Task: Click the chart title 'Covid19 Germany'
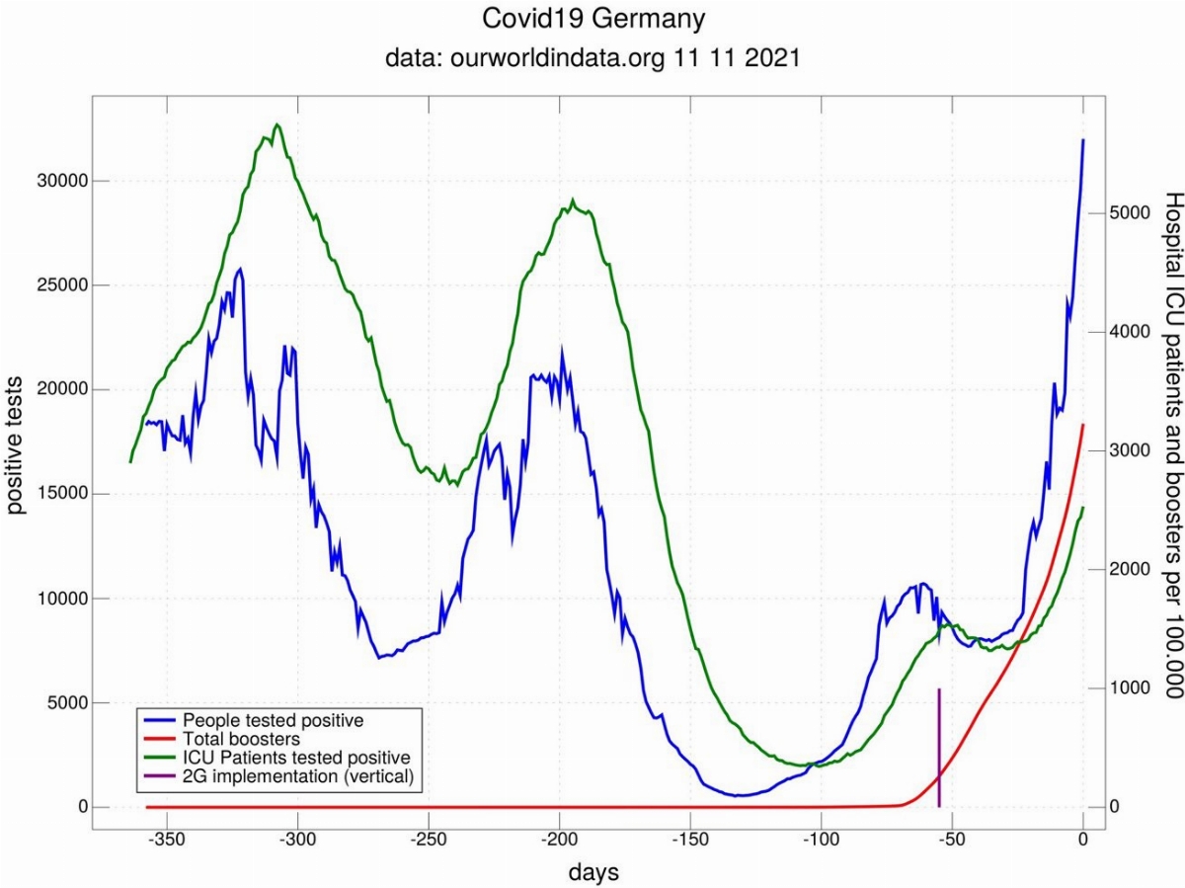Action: point(592,19)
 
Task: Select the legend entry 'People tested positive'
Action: point(273,720)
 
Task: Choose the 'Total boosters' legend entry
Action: point(241,739)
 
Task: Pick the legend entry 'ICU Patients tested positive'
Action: point(296,758)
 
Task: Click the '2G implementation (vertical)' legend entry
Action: point(297,776)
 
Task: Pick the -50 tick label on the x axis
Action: point(952,841)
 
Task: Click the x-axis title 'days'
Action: point(593,871)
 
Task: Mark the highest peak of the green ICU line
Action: point(277,124)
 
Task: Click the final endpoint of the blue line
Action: point(1083,140)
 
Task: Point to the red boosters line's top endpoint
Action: point(1083,425)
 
